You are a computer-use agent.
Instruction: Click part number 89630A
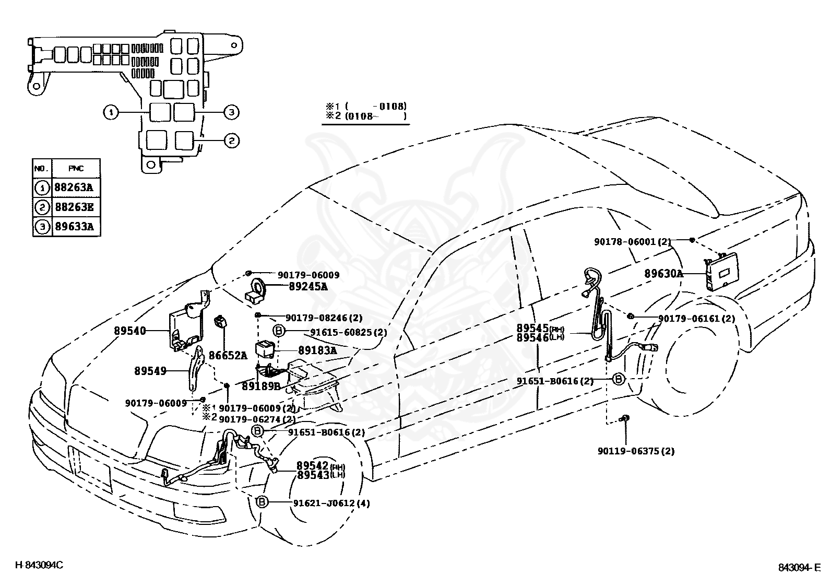point(663,274)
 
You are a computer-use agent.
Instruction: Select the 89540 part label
point(130,331)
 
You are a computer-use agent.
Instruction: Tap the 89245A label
point(308,286)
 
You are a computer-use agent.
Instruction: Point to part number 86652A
point(228,355)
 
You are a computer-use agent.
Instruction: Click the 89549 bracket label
point(150,370)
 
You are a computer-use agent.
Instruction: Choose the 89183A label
point(317,350)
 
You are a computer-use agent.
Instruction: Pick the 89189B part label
point(261,386)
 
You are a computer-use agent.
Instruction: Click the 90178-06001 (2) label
point(633,242)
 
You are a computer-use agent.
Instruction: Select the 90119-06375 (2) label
point(636,451)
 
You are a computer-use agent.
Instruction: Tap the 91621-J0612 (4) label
point(331,503)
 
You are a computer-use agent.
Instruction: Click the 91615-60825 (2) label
point(348,332)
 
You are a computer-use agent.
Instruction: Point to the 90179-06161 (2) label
point(697,319)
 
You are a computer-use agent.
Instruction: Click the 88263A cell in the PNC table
point(74,187)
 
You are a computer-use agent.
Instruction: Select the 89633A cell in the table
point(74,226)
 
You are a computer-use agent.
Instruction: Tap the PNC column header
point(76,169)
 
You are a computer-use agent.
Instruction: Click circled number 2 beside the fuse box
point(232,140)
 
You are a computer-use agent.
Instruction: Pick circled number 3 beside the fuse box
point(231,112)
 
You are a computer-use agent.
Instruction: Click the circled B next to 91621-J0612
point(262,502)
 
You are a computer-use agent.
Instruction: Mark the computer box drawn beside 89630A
point(722,272)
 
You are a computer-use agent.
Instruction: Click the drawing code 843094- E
point(800,567)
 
